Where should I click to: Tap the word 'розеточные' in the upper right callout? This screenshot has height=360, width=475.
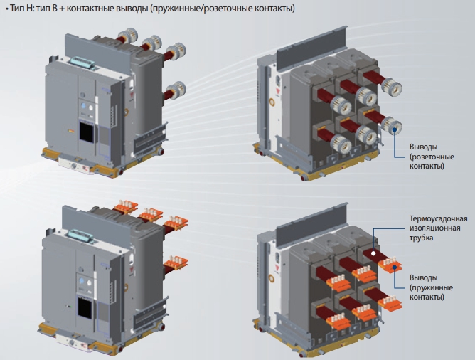tap(433, 157)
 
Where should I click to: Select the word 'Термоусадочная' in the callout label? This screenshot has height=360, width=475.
tap(438, 218)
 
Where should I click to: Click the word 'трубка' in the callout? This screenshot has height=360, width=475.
tap(421, 238)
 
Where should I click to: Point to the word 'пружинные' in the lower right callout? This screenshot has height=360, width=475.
tap(432, 287)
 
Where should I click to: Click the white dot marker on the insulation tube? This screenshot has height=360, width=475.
tap(373, 253)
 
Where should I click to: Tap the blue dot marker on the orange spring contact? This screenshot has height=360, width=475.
tap(395, 267)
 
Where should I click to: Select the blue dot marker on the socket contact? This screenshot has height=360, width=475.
tap(395, 131)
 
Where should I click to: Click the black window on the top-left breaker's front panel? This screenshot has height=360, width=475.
tap(86, 132)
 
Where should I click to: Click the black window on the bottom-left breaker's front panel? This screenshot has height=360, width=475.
tap(84, 308)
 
